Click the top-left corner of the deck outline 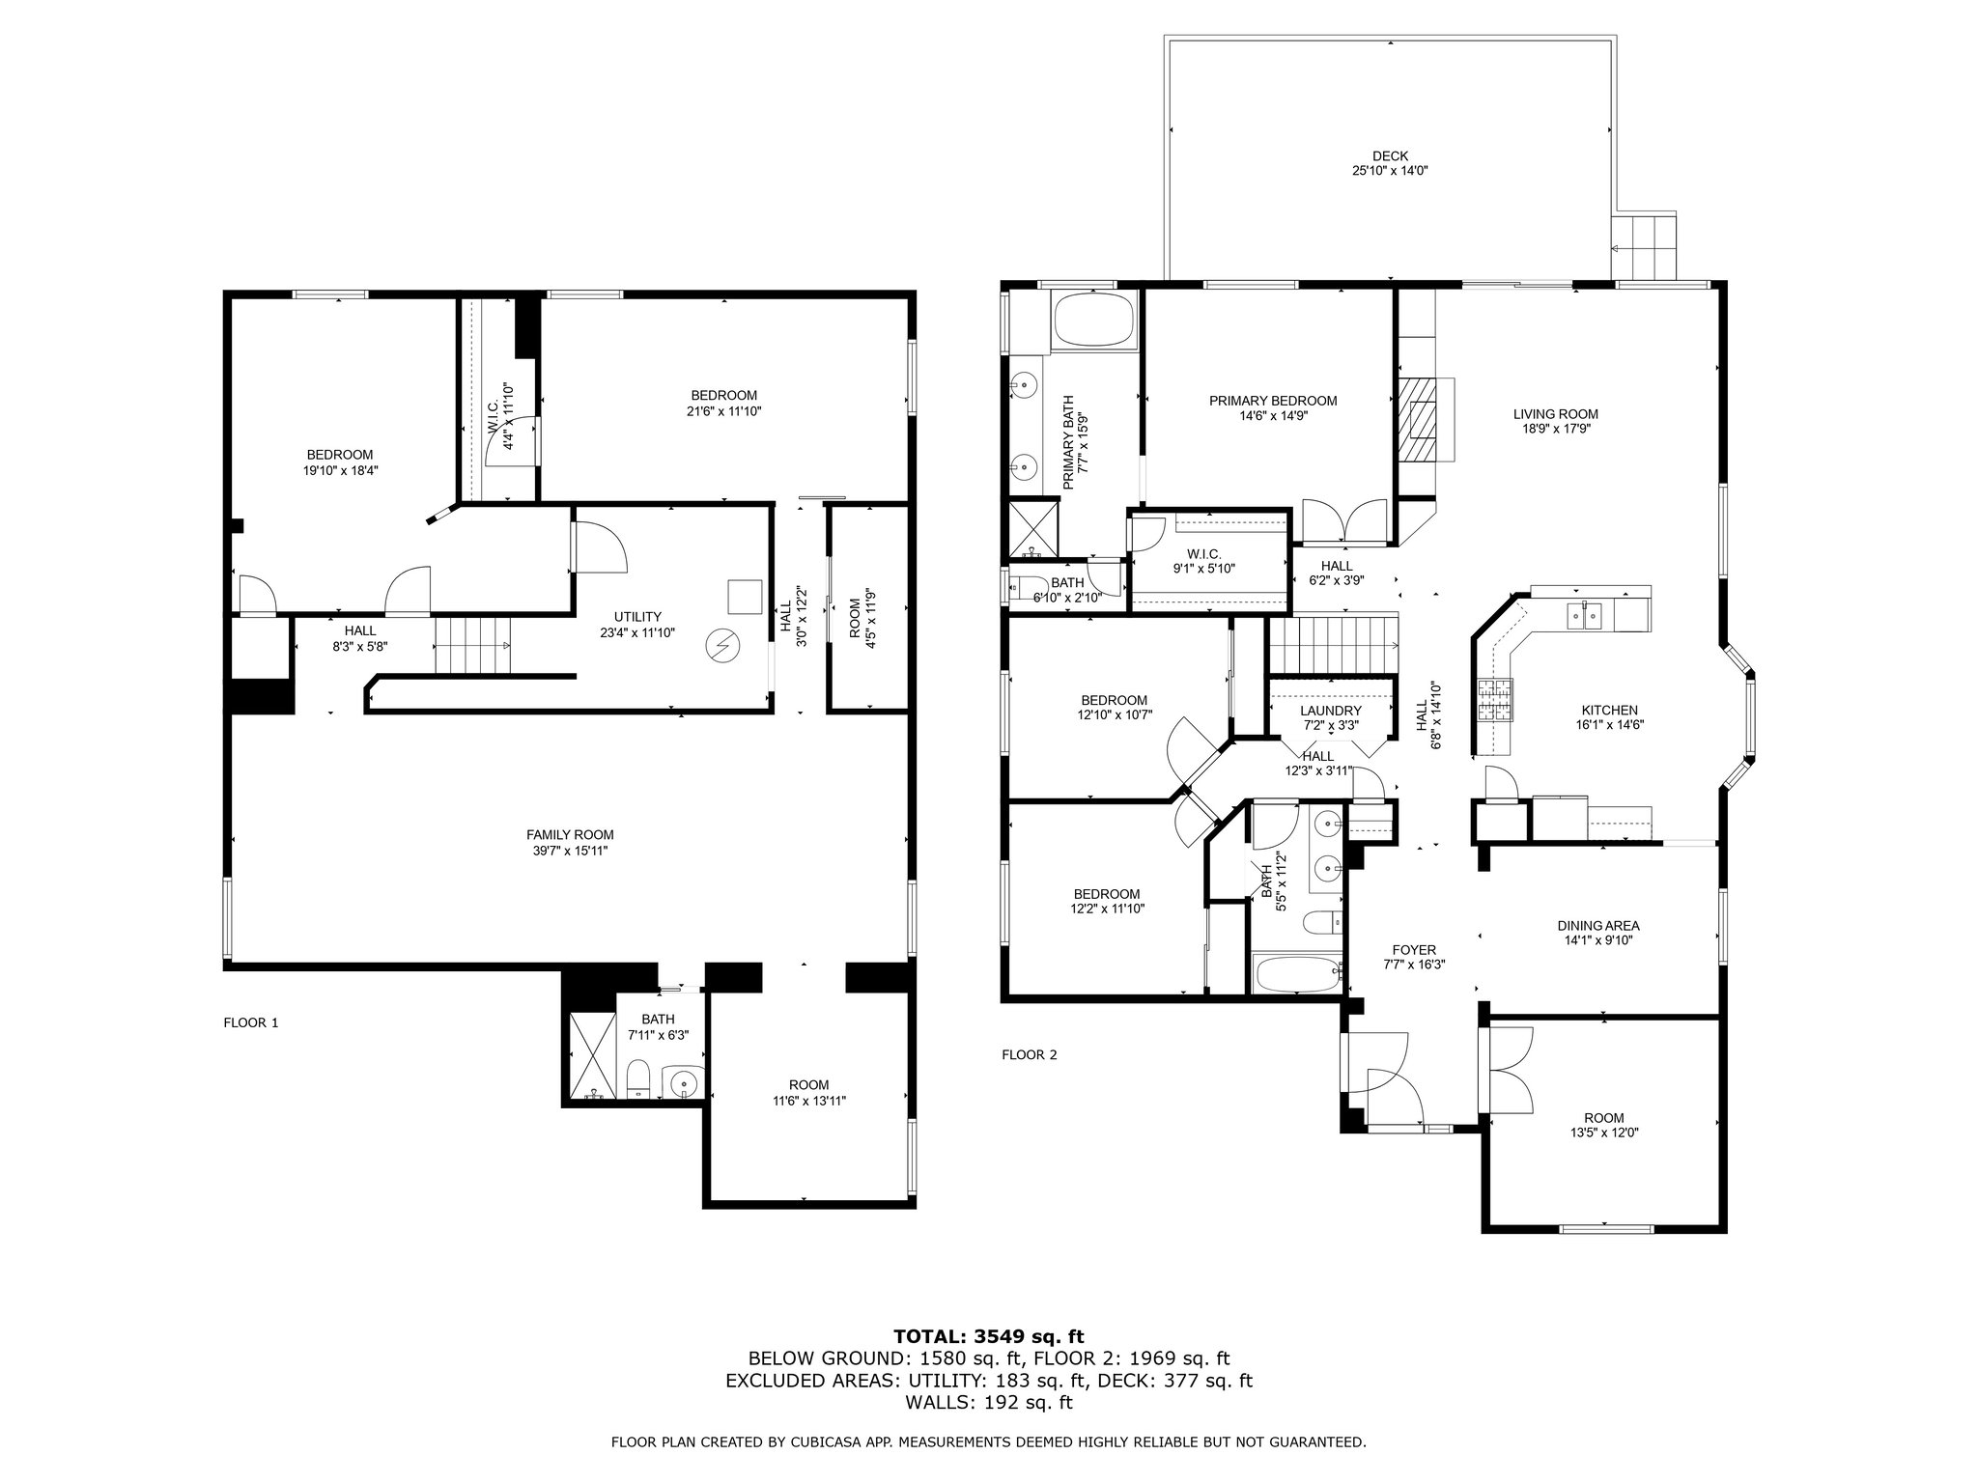1166,38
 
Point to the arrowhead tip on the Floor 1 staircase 509,644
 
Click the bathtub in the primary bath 1094,321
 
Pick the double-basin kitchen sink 1584,614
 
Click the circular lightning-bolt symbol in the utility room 722,646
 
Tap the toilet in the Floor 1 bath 638,1079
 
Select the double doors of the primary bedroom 1345,522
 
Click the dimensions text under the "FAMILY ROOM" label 570,851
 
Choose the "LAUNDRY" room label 1330,711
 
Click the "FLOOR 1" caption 250,1022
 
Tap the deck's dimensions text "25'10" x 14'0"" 1390,171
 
